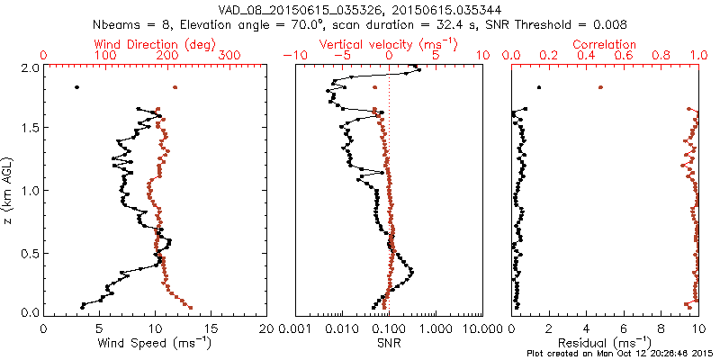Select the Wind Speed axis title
tap(156, 343)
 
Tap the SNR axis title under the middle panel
tap(389, 343)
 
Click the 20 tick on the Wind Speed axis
tap(267, 328)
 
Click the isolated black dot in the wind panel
tap(76, 87)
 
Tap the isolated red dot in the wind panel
tap(175, 87)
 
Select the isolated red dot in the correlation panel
tap(600, 87)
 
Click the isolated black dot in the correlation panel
tap(539, 87)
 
